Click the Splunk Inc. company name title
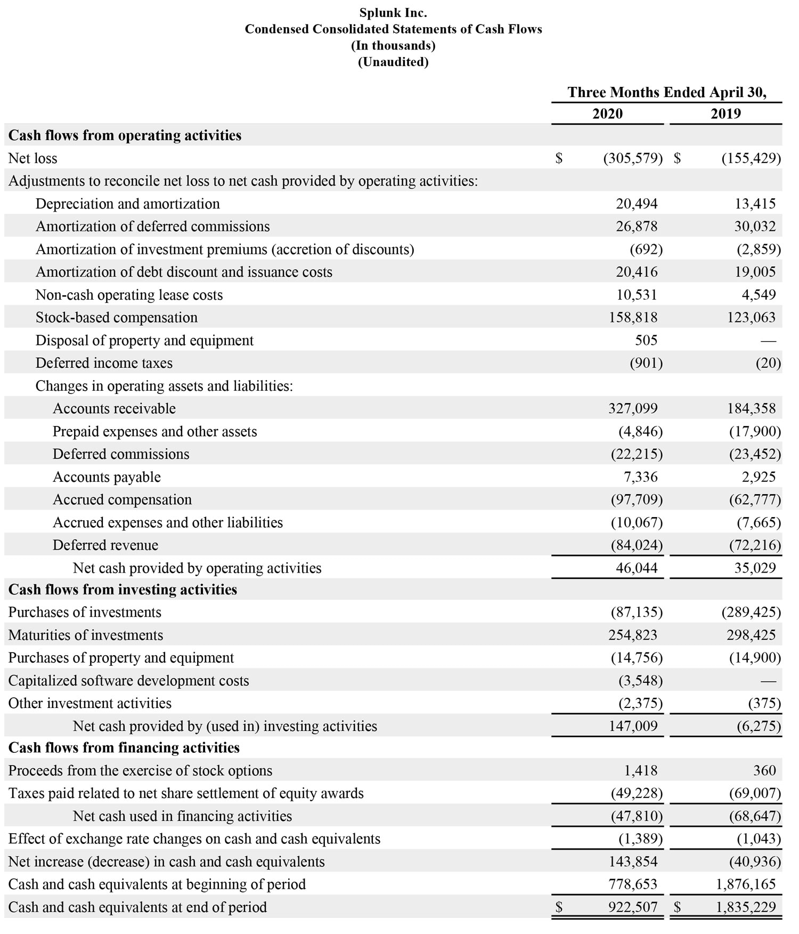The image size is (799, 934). (393, 12)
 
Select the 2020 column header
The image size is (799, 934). (607, 114)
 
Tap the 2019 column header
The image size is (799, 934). (725, 114)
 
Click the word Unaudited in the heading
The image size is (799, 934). (393, 62)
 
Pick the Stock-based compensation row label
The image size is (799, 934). (117, 318)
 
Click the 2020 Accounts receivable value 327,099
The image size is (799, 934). (633, 409)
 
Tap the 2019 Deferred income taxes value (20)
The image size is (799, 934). (768, 364)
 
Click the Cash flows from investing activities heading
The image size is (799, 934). (123, 590)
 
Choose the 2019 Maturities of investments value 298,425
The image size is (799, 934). (751, 635)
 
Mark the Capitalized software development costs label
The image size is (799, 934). (128, 681)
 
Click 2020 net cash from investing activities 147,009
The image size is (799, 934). (633, 726)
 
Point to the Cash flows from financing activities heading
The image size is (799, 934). (124, 748)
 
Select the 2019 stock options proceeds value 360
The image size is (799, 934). (764, 771)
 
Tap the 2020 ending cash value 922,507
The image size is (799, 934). (633, 907)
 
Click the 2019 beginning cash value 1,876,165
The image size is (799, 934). (746, 884)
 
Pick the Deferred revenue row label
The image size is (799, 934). (105, 545)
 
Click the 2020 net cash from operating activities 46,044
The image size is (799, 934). (637, 568)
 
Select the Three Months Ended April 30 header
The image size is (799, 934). (667, 92)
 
